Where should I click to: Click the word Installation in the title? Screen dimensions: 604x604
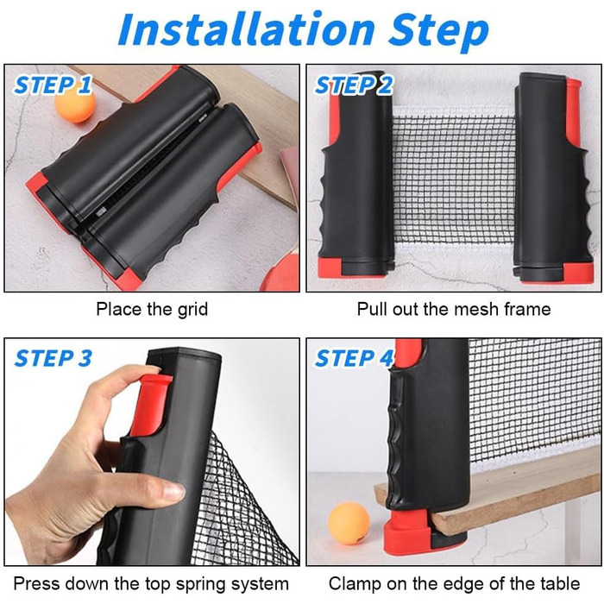click(x=247, y=29)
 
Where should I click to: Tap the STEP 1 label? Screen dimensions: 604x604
click(x=53, y=85)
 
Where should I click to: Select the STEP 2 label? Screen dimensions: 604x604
click(x=354, y=85)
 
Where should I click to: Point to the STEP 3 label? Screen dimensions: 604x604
click(x=53, y=358)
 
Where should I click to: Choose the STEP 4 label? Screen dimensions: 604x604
click(x=354, y=358)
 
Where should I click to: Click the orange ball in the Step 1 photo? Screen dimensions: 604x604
click(x=75, y=104)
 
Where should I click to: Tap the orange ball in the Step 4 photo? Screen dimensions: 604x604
click(x=349, y=523)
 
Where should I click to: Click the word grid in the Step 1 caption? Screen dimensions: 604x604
click(x=192, y=310)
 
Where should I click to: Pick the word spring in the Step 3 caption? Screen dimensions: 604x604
click(x=202, y=584)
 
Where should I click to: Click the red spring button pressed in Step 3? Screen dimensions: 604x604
click(x=150, y=404)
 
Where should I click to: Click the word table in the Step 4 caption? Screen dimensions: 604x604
click(x=560, y=584)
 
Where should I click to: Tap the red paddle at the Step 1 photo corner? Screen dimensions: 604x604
click(x=280, y=273)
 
